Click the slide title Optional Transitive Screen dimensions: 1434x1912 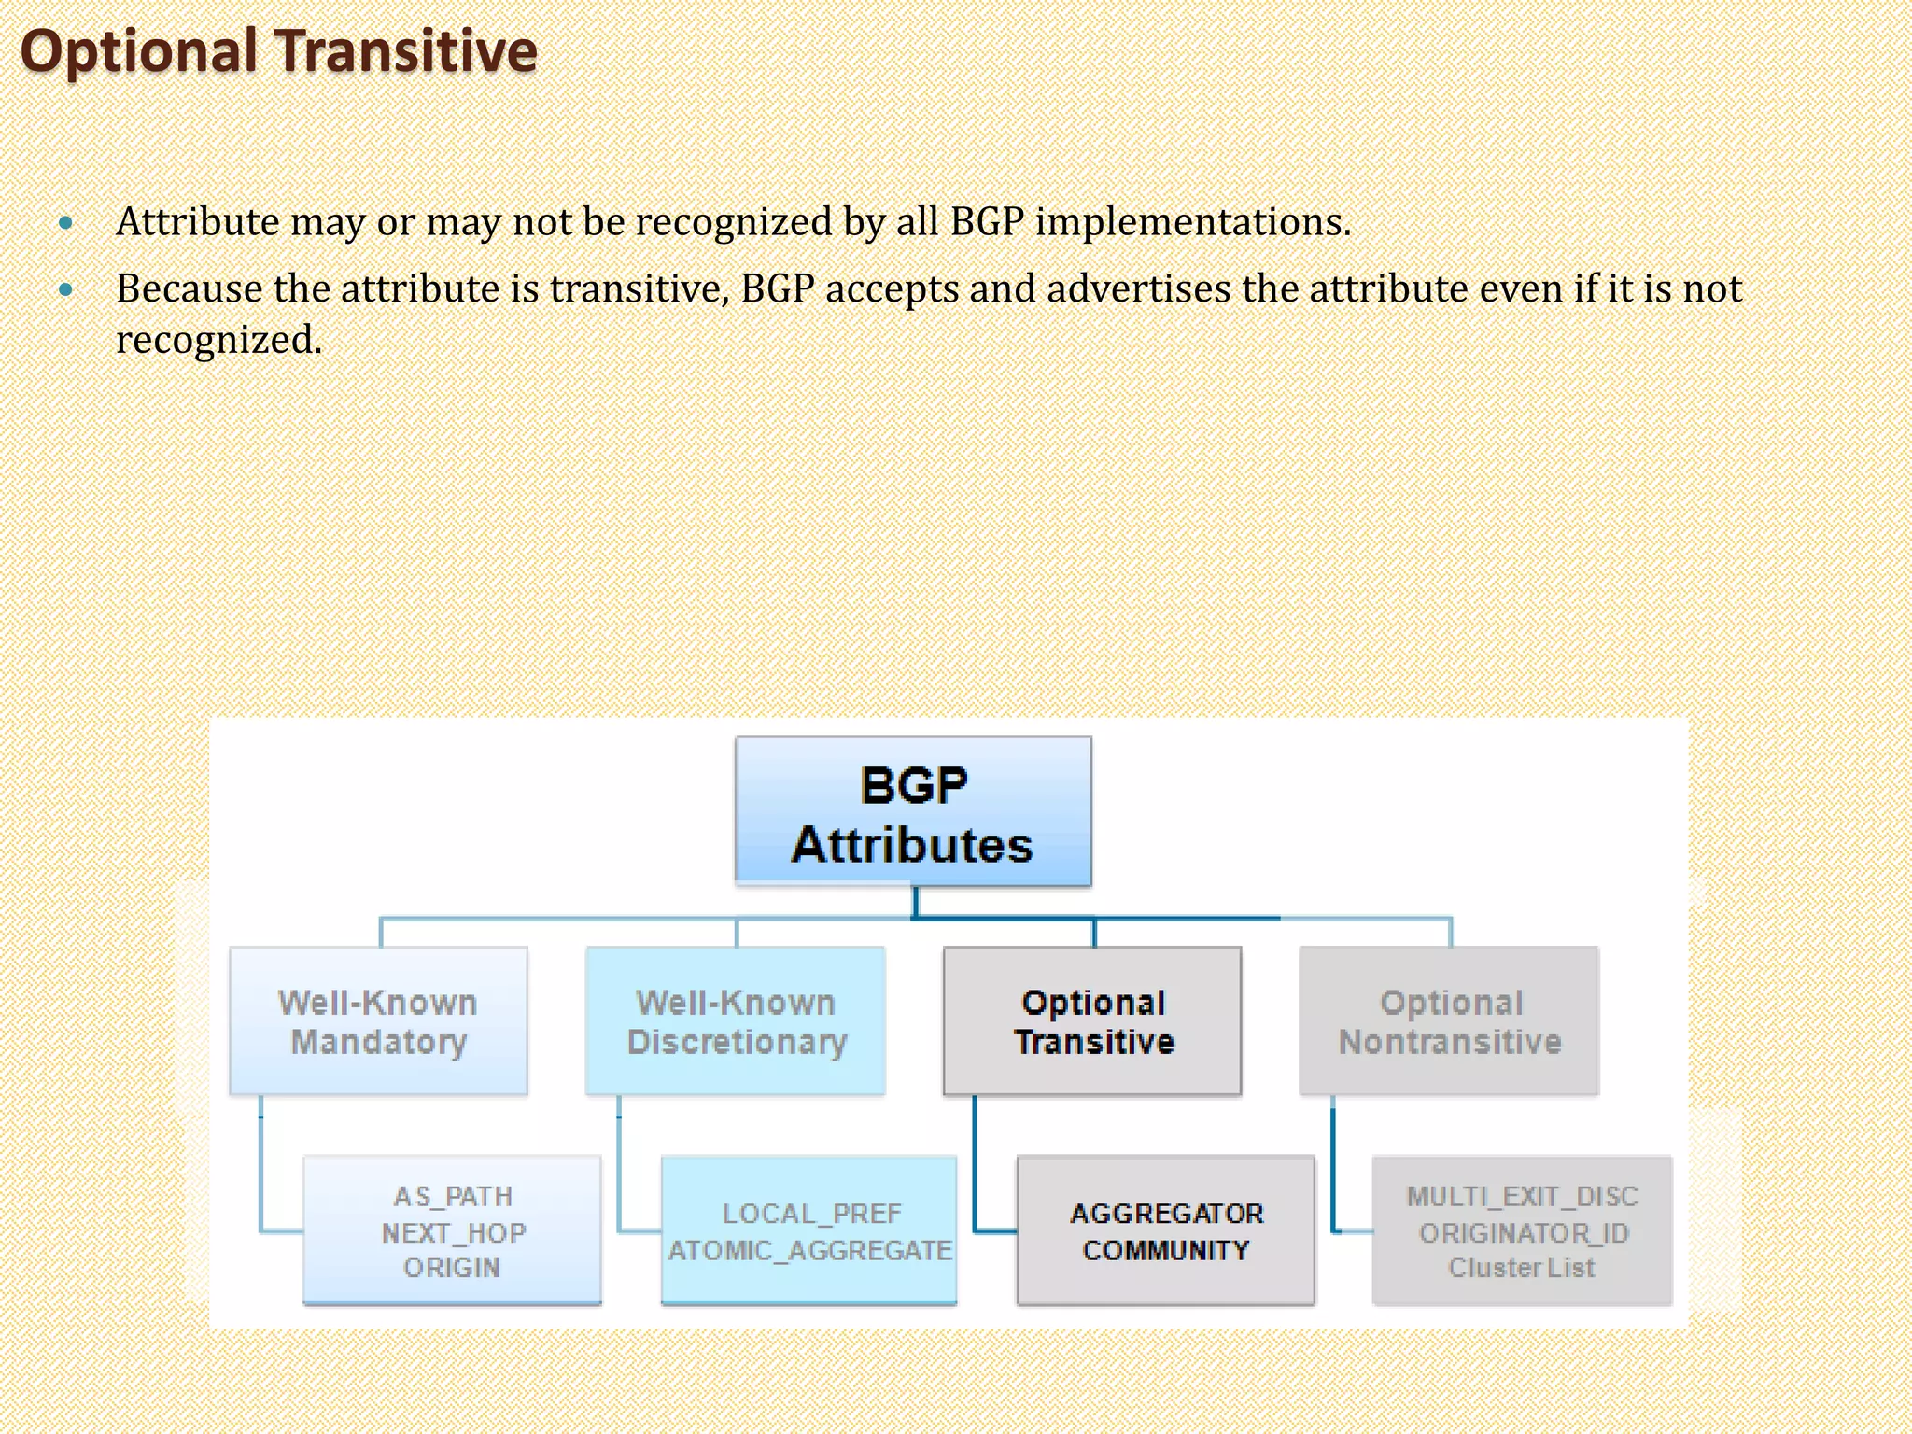tap(278, 51)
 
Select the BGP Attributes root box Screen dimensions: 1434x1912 tap(912, 812)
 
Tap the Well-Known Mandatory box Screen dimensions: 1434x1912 tap(378, 1021)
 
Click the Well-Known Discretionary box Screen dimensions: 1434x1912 tap(736, 1021)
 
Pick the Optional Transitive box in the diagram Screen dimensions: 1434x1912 tap(1093, 1021)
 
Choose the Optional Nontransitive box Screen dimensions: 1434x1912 tap(1450, 1021)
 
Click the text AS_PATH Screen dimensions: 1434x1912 tap(453, 1196)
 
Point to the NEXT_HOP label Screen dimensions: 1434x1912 tap(454, 1232)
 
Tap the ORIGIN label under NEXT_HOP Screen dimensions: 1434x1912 tap(452, 1268)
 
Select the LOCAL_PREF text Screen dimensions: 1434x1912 tap(811, 1214)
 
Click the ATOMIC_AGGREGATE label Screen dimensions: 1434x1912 tap(810, 1250)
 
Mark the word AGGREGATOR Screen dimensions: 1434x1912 tap(1166, 1214)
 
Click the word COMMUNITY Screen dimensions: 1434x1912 tap(1166, 1250)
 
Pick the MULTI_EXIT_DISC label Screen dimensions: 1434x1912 tap(1522, 1196)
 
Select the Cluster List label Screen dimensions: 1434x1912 tap(1522, 1268)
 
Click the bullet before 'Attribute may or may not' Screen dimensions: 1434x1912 tap(65, 223)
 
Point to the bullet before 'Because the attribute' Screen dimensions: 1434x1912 tap(65, 290)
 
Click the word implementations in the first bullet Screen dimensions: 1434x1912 tap(1192, 223)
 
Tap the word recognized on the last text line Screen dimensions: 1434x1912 tap(218, 340)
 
